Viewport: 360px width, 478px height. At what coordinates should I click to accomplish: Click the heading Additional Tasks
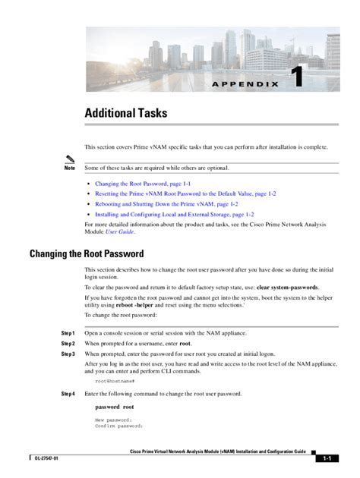125,113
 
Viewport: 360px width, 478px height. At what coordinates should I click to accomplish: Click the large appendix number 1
298,80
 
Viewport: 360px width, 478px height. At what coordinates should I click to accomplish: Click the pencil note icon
71,158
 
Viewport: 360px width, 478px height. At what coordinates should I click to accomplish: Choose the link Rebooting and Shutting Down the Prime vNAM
166,204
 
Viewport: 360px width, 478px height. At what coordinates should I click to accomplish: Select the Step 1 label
68,333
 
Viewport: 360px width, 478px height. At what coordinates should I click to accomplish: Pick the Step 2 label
68,344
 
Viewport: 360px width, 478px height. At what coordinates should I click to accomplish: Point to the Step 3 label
68,354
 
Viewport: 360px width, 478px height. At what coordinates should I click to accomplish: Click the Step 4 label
68,394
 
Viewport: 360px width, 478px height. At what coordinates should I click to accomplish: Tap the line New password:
113,420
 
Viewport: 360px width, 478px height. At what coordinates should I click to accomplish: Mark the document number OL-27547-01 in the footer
46,459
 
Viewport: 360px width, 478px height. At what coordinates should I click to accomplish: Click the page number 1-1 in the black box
329,459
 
